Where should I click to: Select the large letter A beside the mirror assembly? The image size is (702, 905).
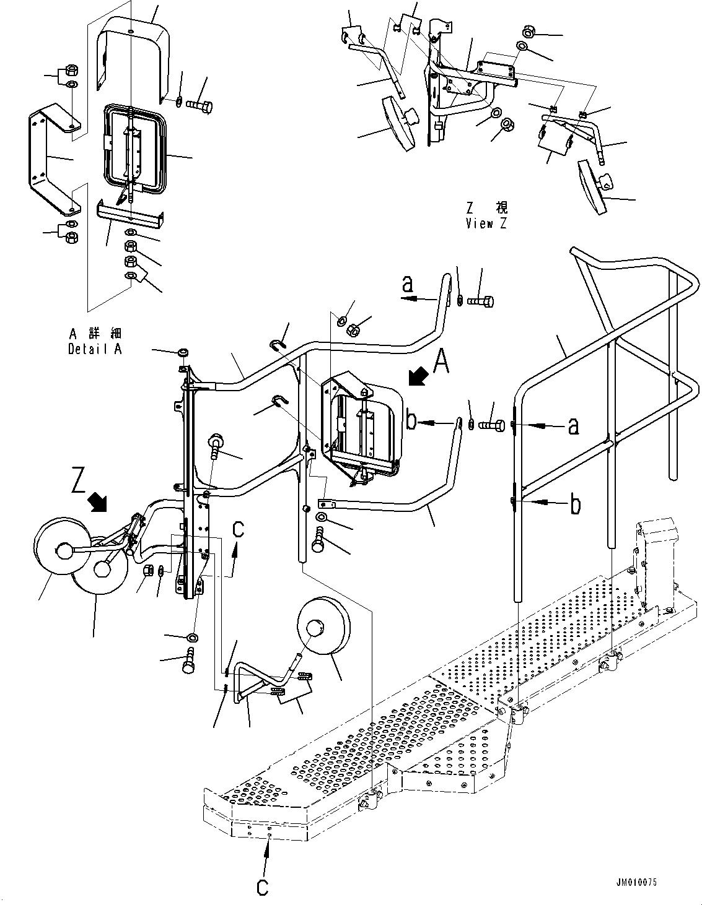tap(441, 362)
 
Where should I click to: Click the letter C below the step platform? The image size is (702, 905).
tap(263, 887)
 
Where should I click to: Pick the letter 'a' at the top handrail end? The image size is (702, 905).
tap(407, 284)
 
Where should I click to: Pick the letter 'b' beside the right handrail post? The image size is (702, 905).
tap(576, 505)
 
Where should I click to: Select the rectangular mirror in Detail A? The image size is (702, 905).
tap(134, 145)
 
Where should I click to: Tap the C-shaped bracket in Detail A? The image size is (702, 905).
tap(53, 158)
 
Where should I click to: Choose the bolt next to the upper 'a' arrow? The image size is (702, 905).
tap(481, 301)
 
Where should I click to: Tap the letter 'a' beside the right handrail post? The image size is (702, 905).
tap(574, 425)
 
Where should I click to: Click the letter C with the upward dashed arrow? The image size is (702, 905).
tap(238, 530)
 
